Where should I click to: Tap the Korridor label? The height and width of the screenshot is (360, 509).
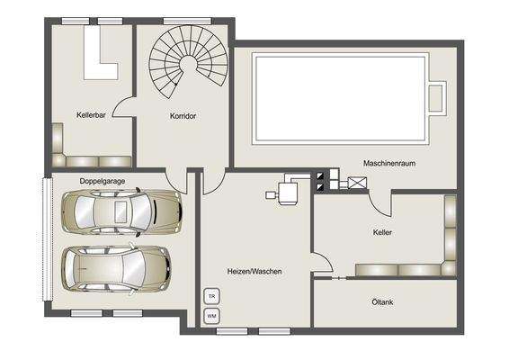click(x=183, y=116)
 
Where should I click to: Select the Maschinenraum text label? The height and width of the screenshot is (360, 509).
click(x=388, y=163)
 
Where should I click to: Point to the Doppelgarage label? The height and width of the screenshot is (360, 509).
click(x=101, y=182)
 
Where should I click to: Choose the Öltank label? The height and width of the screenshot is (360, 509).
click(x=383, y=302)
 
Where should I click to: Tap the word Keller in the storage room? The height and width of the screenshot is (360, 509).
click(x=382, y=232)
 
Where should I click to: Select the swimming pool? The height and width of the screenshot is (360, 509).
click(x=339, y=96)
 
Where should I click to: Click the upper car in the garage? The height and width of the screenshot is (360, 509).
click(x=122, y=211)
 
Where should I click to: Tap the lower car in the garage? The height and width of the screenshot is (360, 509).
click(x=115, y=267)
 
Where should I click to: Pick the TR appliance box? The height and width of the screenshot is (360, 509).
click(x=212, y=296)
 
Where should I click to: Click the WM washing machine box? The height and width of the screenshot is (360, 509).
click(x=212, y=315)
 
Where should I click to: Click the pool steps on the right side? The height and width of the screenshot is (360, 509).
click(x=438, y=97)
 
